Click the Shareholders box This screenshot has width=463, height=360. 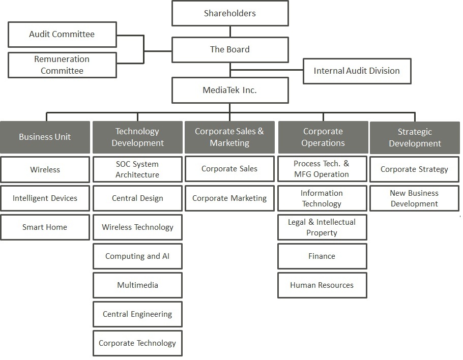pos(230,13)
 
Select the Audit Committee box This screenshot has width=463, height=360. pos(62,34)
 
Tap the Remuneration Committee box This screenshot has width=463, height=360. pos(62,65)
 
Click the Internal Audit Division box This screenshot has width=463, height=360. pos(357,71)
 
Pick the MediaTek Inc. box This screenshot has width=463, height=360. pos(230,90)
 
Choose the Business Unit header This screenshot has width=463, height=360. pos(45,137)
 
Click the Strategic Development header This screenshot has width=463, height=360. pos(415,137)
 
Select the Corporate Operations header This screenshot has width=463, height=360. pos(323,137)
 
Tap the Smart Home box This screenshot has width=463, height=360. pos(45,227)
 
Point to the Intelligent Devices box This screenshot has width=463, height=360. pos(45,198)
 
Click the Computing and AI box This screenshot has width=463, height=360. pos(137,256)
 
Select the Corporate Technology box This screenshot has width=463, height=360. pos(137,343)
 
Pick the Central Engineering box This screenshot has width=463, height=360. pos(137,314)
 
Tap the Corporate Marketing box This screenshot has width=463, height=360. pos(230,198)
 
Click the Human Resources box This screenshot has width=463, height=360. pos(322,285)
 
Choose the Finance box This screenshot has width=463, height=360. pos(322,256)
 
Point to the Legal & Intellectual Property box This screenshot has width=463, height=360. pos(322,227)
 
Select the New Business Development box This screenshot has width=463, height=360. pos(415,198)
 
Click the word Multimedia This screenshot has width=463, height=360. pos(137,285)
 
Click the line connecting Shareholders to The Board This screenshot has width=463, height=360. pos(230,32)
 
